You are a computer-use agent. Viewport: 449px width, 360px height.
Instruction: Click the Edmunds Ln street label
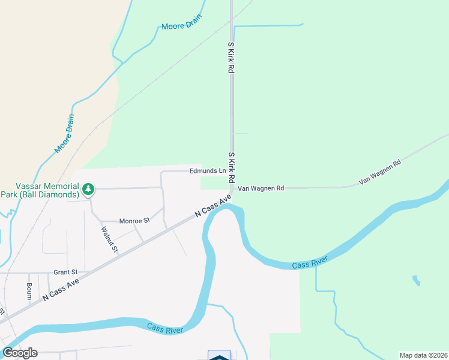[x=207, y=171]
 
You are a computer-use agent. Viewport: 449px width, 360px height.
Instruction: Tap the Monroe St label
[x=134, y=221]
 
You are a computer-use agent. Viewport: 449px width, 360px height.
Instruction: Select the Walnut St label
[x=109, y=239]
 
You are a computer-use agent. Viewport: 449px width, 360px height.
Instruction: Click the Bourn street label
[x=28, y=291]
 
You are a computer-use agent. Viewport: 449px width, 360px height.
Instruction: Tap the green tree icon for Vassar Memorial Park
[x=88, y=190]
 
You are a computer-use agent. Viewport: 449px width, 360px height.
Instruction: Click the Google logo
[x=20, y=352]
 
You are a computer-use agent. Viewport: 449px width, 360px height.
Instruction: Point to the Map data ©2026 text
[x=423, y=355]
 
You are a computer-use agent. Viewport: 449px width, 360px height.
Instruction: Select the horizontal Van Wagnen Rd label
[x=261, y=188]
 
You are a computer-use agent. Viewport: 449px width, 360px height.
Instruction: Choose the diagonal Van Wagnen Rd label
[x=379, y=172]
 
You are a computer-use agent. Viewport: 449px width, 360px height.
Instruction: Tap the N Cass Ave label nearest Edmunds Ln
[x=213, y=206]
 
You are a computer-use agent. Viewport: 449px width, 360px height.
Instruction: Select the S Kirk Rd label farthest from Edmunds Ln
[x=230, y=57]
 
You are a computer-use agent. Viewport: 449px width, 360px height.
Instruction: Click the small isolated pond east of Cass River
[x=415, y=280]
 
